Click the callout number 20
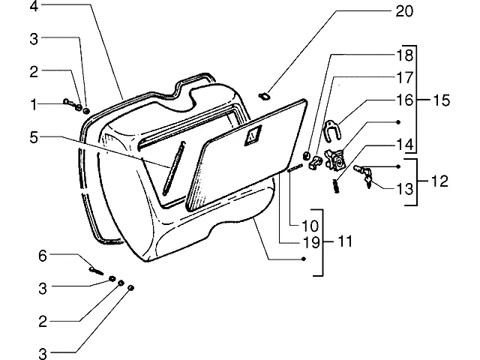[404, 12]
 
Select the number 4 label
[34, 6]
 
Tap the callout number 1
[34, 105]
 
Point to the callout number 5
[34, 137]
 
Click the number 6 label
[43, 256]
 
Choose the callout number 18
[405, 55]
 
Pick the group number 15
[442, 100]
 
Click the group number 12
[439, 181]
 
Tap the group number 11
[345, 241]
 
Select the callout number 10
[310, 226]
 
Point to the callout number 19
[311, 242]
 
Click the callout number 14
[405, 145]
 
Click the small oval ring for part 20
[263, 97]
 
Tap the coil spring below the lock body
[337, 186]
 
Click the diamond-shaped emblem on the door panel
[253, 135]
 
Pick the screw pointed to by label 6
[96, 271]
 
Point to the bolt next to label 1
[71, 103]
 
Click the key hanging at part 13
[367, 181]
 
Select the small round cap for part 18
[306, 155]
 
